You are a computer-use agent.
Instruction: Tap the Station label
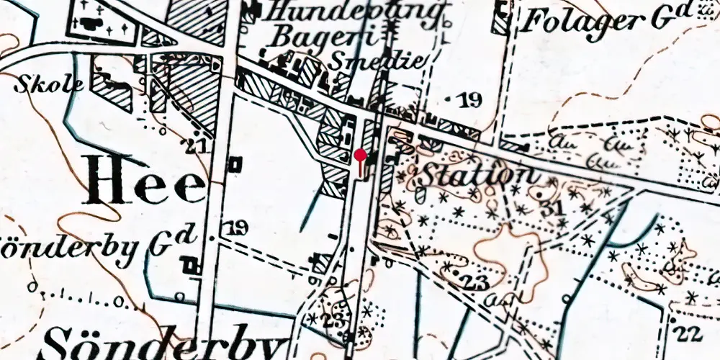pyautogui.click(x=477, y=174)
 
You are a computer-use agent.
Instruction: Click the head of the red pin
pyautogui.click(x=361, y=155)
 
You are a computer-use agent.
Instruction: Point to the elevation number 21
pyautogui.click(x=196, y=147)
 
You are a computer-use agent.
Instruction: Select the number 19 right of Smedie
pyautogui.click(x=469, y=100)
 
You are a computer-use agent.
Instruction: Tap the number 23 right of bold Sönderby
pyautogui.click(x=333, y=320)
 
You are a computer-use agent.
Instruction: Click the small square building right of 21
pyautogui.click(x=233, y=165)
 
